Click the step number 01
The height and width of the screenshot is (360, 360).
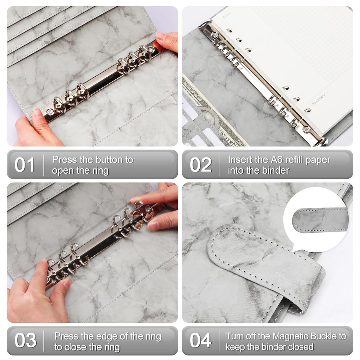coord(25,165)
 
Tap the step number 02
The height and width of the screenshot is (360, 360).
coord(201,165)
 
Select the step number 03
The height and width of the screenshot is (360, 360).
coord(25,340)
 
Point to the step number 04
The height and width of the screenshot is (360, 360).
coord(201,340)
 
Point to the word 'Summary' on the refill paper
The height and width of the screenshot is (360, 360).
coord(319,99)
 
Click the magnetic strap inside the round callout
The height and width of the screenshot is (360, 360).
coord(321,220)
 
